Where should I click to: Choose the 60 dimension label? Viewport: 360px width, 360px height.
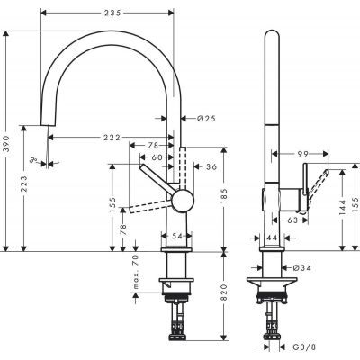[x=158, y=157]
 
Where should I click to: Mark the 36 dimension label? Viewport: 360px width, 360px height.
[x=211, y=166]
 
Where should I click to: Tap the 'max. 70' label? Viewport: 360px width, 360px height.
[x=134, y=272]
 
